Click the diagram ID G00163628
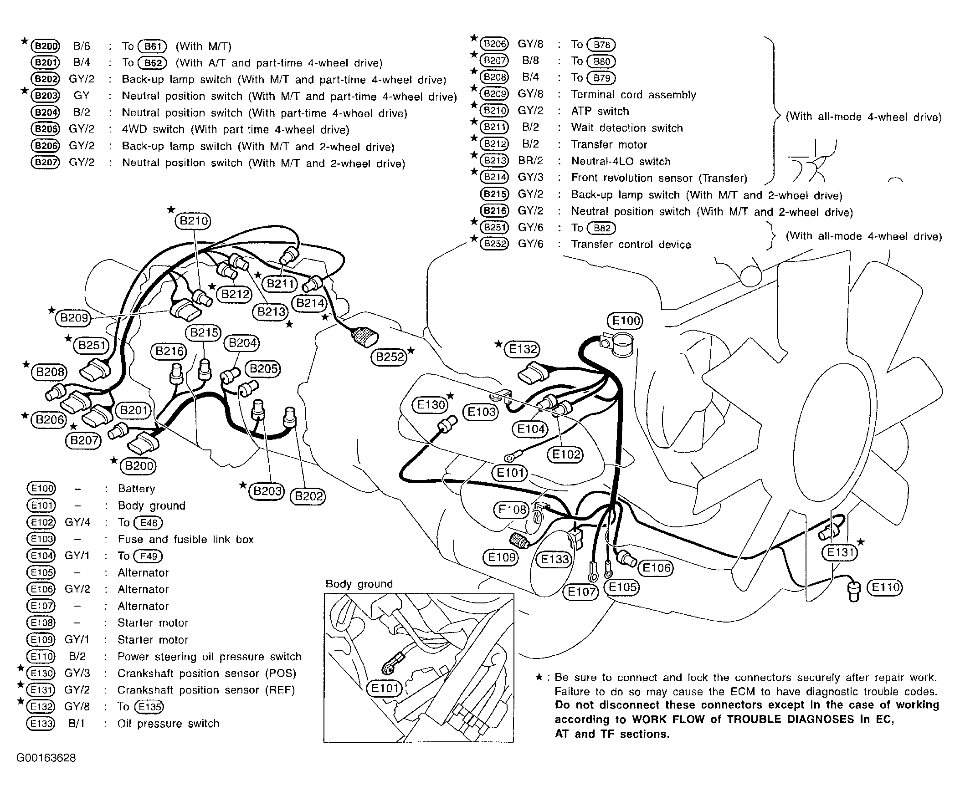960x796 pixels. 46,758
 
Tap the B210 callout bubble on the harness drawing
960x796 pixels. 194,221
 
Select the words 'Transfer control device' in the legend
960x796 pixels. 631,245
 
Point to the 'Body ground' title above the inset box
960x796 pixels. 359,584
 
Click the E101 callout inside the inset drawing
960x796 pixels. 385,688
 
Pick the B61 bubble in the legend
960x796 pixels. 153,46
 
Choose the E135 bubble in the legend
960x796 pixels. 149,707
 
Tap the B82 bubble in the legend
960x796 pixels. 601,228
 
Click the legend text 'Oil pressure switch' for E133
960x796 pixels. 168,724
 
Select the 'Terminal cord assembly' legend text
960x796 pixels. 633,95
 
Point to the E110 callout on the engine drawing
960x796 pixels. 885,587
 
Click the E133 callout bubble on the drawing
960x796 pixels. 554,559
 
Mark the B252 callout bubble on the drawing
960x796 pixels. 390,357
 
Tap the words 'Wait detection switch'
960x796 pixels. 627,128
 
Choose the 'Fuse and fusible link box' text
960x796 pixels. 185,539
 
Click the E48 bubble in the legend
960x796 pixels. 149,523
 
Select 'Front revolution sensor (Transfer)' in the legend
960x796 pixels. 659,178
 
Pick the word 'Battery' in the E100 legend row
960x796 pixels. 136,489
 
